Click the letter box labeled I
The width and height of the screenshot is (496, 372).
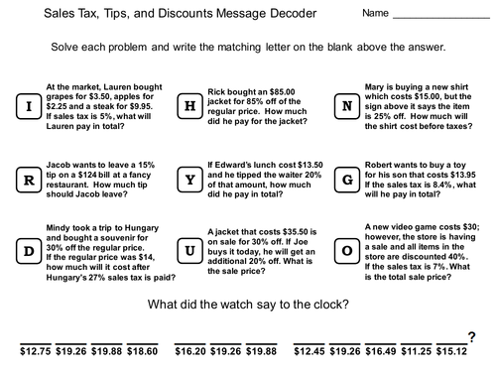click(30, 104)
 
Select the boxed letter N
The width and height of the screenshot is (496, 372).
click(347, 104)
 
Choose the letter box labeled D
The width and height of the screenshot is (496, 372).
click(30, 252)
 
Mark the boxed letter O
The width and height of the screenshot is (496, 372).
click(347, 252)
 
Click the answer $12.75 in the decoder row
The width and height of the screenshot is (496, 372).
click(36, 350)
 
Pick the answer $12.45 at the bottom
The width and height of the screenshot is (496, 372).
click(311, 350)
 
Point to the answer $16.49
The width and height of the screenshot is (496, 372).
click(383, 350)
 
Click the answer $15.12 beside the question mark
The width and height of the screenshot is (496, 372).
click(454, 350)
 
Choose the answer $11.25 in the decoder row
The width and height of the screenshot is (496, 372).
click(419, 350)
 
